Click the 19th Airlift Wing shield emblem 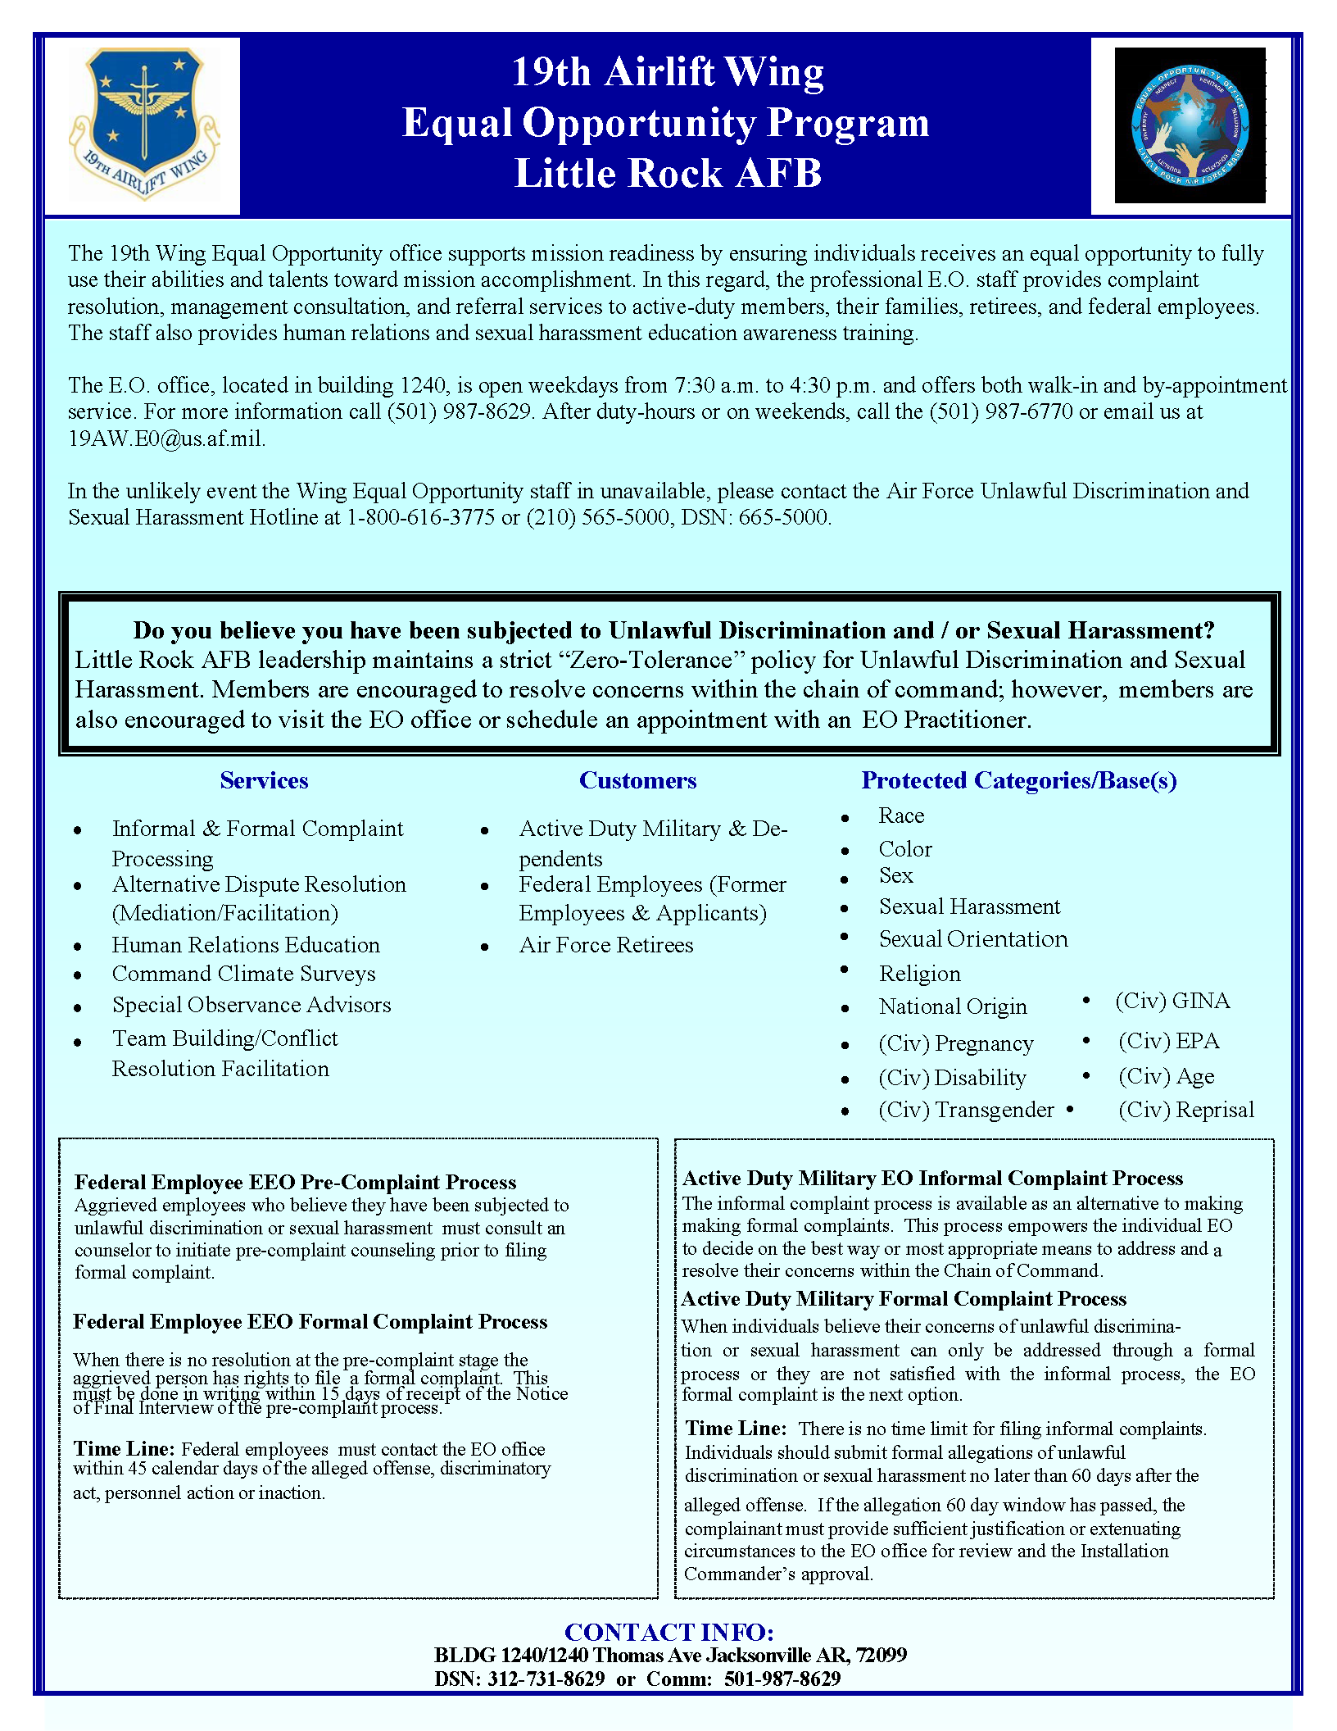tap(144, 123)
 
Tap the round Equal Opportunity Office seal tap(1190, 125)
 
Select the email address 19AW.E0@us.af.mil tap(166, 438)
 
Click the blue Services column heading tap(264, 780)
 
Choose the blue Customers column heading tap(637, 780)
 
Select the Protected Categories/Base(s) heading tap(1018, 780)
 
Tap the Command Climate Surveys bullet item tap(243, 974)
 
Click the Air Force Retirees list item tap(605, 945)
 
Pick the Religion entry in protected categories tap(919, 974)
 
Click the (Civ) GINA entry tap(1172, 1001)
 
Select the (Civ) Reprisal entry tap(1185, 1110)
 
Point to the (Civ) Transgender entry tap(966, 1110)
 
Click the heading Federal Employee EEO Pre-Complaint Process tap(295, 1182)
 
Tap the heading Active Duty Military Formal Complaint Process tap(904, 1299)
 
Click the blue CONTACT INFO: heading tap(668, 1632)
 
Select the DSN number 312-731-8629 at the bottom tap(546, 1679)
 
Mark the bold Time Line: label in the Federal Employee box tap(124, 1448)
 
